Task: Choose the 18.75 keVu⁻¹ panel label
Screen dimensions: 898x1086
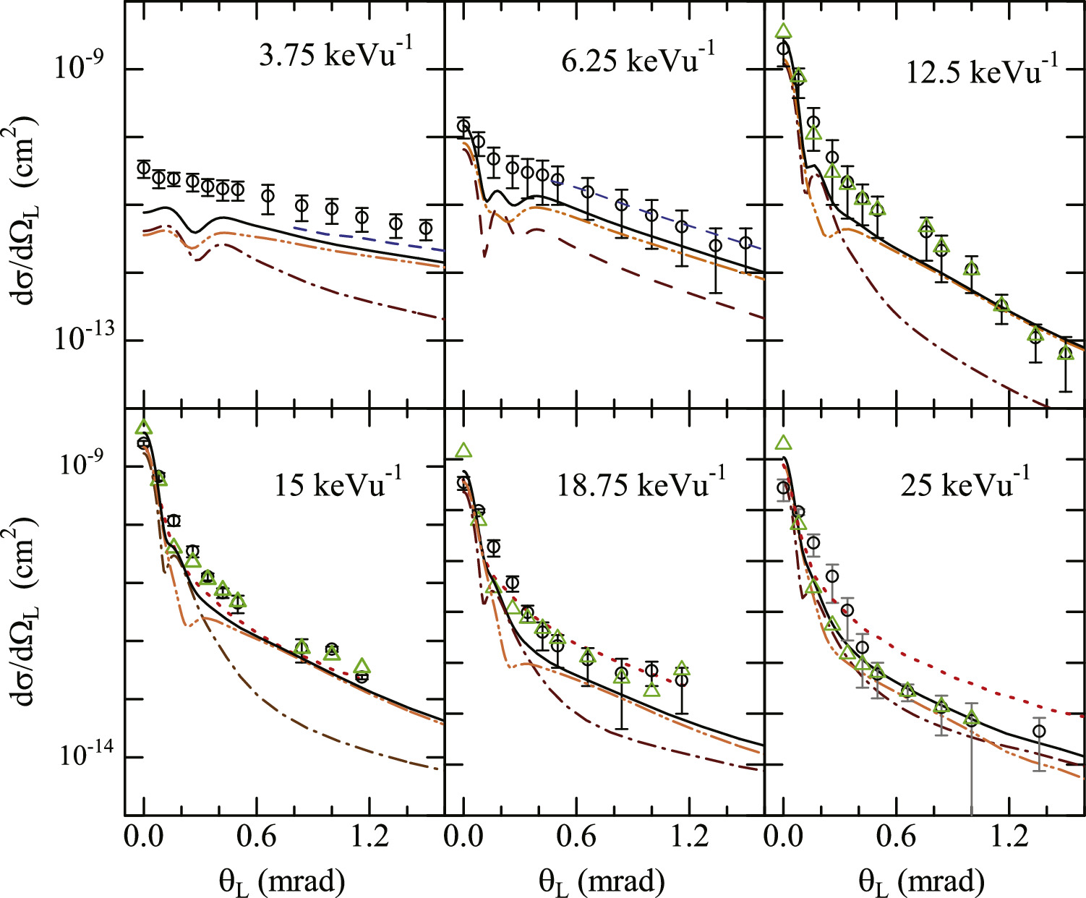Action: click(x=640, y=483)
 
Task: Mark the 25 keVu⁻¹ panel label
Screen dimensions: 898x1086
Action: click(x=965, y=483)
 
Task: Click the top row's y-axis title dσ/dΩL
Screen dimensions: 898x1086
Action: click(x=25, y=202)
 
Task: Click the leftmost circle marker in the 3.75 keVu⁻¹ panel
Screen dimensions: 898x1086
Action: click(x=144, y=168)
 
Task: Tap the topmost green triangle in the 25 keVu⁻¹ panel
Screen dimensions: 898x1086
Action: click(x=782, y=443)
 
